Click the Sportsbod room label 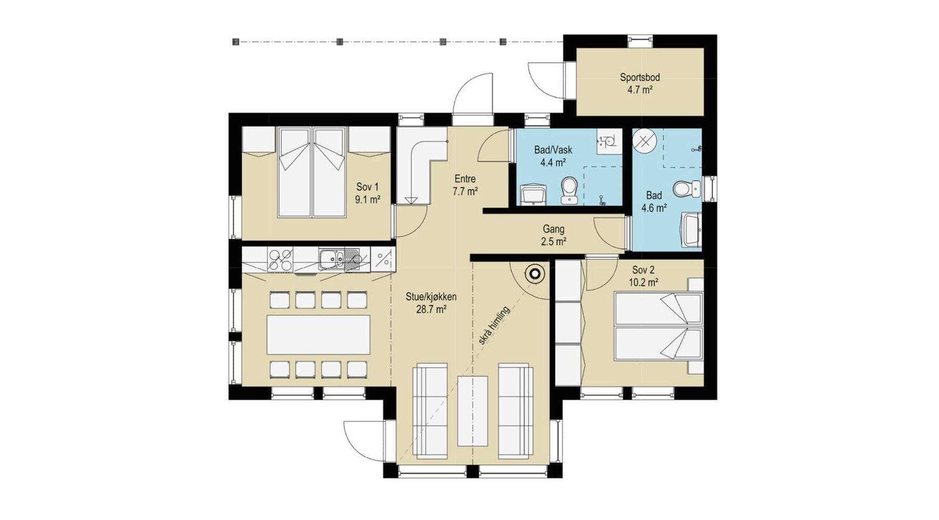tap(640, 77)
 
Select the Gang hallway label tap(553, 229)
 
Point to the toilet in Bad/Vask tap(569, 190)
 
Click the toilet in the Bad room tap(687, 189)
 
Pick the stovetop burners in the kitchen tap(280, 259)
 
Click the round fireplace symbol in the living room tap(535, 273)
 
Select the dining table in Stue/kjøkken tap(319, 334)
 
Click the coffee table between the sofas tap(472, 410)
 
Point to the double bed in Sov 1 tap(312, 172)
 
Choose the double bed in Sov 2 tap(658, 326)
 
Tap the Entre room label tap(465, 179)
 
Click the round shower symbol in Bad tap(645, 140)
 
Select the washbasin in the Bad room tap(692, 229)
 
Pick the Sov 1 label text tap(367, 187)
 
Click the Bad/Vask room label tap(553, 150)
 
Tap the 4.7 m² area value tap(640, 89)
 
